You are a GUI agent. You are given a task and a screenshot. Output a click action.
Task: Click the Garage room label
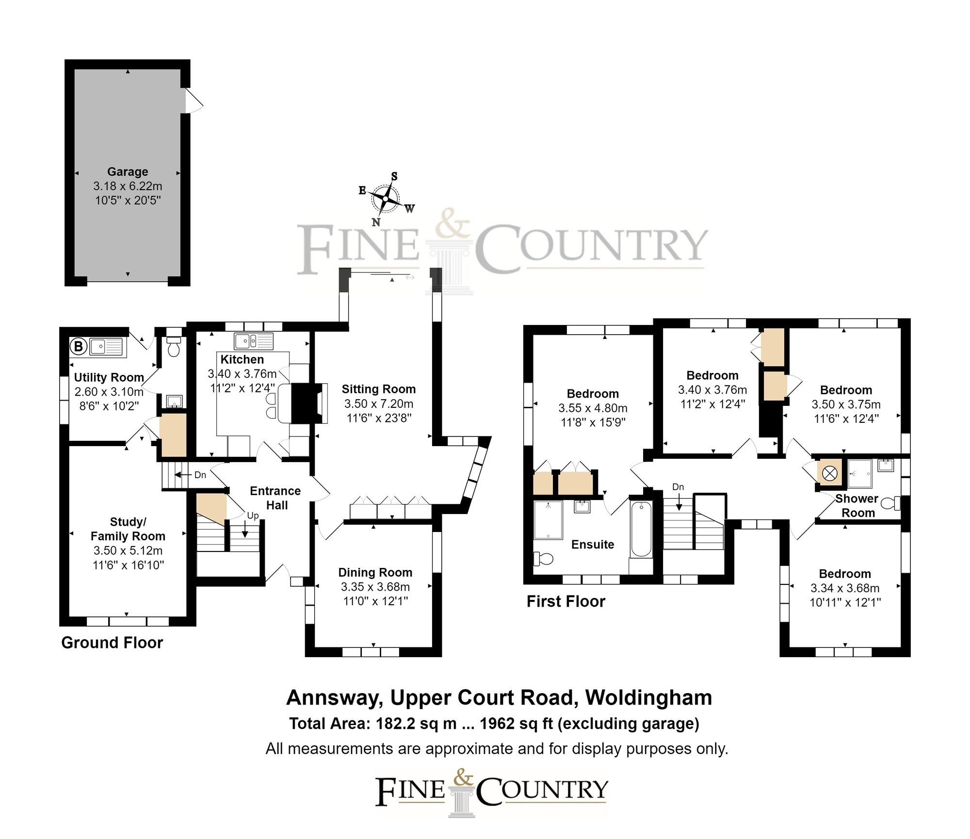click(128, 172)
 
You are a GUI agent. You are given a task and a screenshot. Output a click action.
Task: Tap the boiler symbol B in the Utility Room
click(78, 347)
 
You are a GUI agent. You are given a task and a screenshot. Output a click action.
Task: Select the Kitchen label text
click(242, 359)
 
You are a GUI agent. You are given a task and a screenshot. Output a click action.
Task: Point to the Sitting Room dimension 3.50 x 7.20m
click(379, 403)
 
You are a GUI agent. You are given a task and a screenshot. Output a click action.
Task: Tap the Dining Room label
click(375, 572)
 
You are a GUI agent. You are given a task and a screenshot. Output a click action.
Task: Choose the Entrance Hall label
click(275, 498)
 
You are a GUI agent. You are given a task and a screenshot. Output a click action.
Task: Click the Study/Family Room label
click(128, 529)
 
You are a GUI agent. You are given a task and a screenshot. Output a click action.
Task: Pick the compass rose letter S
click(394, 177)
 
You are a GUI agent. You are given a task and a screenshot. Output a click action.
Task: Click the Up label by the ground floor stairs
click(253, 516)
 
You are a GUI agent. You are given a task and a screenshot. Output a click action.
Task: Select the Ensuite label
click(593, 544)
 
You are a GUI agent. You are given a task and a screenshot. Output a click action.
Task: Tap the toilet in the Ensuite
click(544, 559)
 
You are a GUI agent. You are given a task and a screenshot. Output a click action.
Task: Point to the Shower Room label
click(857, 505)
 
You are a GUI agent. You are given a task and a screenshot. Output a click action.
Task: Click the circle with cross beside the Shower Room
click(830, 473)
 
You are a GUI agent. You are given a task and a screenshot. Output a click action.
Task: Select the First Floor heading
click(566, 601)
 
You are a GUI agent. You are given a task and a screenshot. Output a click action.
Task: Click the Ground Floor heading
click(112, 643)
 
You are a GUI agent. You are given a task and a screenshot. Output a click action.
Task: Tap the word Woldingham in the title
click(648, 697)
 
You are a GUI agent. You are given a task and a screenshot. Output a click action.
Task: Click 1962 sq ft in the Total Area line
click(517, 724)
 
